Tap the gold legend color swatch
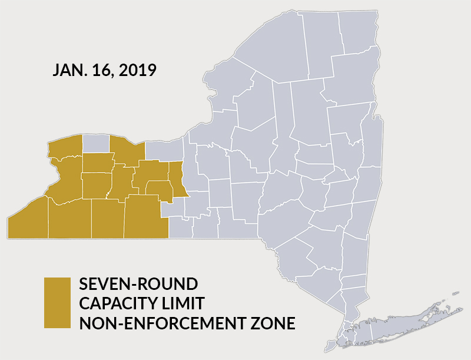(x=57, y=302)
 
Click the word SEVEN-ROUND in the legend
(x=138, y=284)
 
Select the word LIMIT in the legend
(x=183, y=303)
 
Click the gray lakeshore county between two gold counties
(x=95, y=143)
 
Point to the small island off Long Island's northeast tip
(x=455, y=293)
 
